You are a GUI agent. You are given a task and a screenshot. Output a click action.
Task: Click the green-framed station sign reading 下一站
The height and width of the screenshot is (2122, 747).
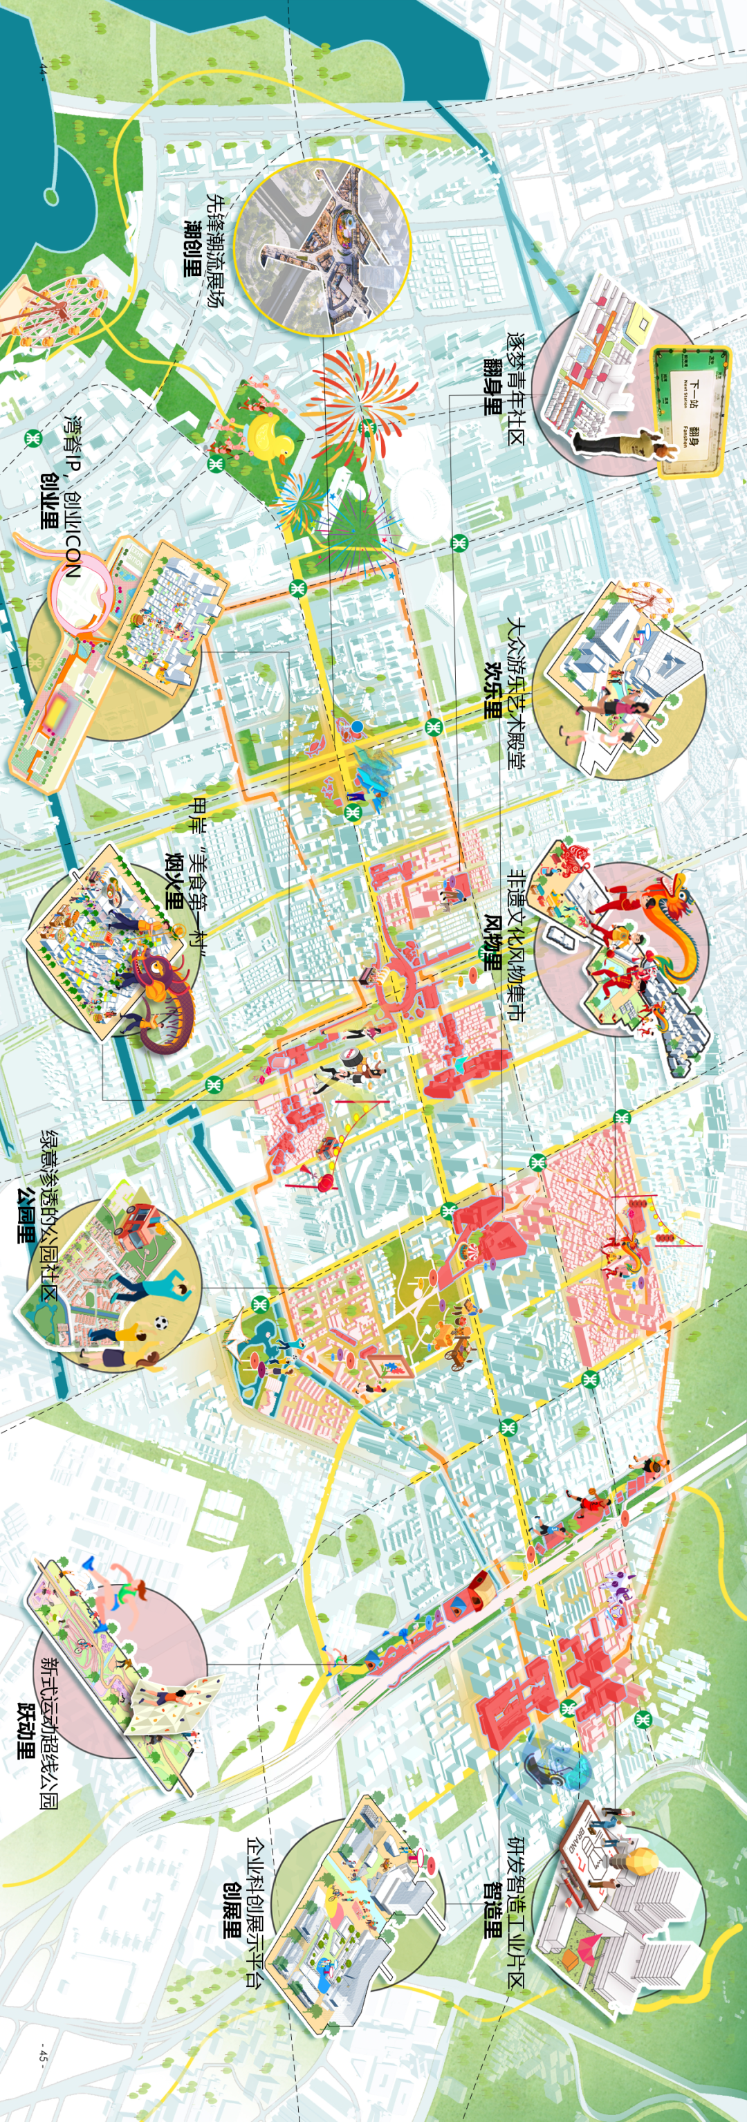[x=690, y=409]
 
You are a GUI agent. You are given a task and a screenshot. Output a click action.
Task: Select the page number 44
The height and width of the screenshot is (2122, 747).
[x=43, y=69]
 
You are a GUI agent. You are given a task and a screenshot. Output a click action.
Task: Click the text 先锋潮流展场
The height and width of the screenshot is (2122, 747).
[x=215, y=251]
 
